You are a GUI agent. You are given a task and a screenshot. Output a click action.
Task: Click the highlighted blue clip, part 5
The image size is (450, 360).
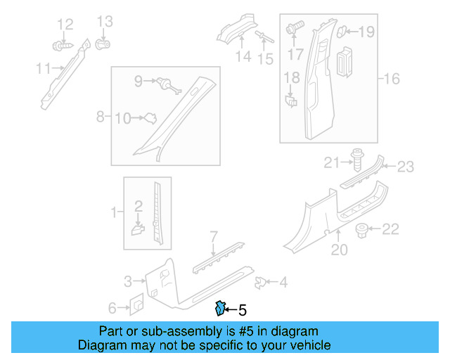tap(220, 308)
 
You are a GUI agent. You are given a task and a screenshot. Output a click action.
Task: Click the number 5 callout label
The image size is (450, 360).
tap(243, 309)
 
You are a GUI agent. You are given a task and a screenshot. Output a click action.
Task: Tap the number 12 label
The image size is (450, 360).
tap(65, 25)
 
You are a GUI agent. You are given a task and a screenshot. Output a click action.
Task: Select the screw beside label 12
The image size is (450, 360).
tap(60, 46)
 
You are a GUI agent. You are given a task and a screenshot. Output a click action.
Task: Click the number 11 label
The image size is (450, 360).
tap(44, 68)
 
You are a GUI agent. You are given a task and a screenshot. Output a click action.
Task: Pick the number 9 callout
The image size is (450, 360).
tap(139, 81)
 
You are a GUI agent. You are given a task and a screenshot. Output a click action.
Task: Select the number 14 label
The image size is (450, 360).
tap(243, 56)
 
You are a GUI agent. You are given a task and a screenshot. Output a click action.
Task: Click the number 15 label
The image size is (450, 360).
tap(265, 59)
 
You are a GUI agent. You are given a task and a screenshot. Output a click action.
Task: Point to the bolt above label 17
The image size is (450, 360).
tap(294, 29)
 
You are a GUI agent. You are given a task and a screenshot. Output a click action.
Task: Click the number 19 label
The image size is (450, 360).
tap(367, 31)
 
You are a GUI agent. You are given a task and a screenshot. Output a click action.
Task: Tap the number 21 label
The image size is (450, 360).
tap(332, 164)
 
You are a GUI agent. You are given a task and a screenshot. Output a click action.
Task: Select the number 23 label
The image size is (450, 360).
tap(406, 167)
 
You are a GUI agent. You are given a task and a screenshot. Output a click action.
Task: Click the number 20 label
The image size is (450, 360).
tap(340, 248)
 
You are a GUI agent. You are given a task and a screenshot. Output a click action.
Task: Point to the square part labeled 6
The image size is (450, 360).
tap(137, 303)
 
